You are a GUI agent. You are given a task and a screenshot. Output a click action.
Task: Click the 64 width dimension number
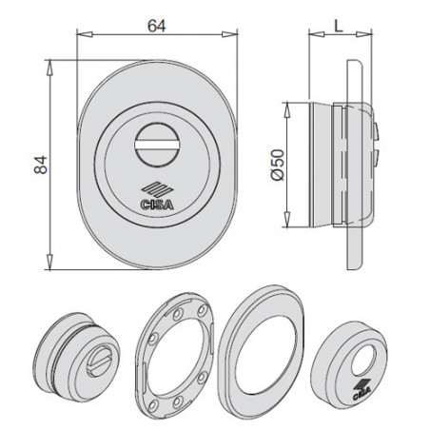coord(157,26)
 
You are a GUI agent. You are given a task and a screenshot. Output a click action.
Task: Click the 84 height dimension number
coord(41,166)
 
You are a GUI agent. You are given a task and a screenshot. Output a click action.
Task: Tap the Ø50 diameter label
coord(278,165)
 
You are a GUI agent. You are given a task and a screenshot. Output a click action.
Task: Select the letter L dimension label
coord(339,26)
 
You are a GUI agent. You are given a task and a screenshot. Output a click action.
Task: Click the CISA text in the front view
coord(157,205)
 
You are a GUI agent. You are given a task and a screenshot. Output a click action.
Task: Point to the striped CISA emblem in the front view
coord(157,190)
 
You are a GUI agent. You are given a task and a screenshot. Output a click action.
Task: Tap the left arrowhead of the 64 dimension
coord(85,34)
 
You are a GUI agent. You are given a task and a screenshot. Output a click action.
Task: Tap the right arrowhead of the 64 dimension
coord(229,34)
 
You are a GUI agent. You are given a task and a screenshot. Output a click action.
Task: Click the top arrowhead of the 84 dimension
coord(49,68)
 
